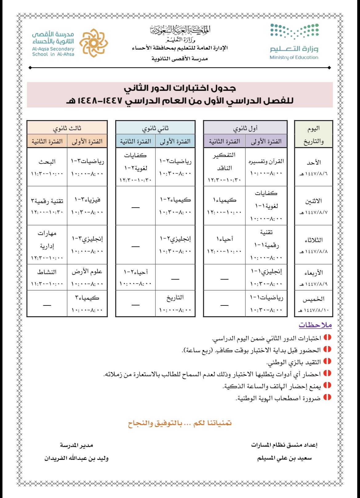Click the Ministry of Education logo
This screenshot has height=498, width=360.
[294, 42]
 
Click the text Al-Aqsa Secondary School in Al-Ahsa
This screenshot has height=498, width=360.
[53, 51]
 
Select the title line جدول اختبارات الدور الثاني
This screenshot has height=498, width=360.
[180, 88]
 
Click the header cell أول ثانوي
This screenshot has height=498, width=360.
[245, 128]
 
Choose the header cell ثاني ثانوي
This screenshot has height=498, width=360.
[155, 128]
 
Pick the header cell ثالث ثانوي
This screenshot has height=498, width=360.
[67, 128]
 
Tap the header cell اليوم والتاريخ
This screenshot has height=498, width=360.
[314, 134]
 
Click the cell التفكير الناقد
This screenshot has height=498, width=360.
[224, 161]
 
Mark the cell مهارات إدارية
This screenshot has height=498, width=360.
[47, 240]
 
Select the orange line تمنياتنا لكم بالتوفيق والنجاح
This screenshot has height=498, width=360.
[180, 424]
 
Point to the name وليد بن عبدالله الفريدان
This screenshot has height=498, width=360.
[76, 458]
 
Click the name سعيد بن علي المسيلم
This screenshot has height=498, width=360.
[284, 458]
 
